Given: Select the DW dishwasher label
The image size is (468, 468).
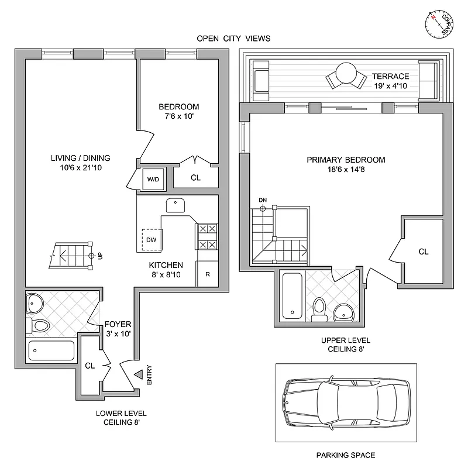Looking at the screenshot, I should coord(151,239).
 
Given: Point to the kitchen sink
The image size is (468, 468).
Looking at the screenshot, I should coord(175,205).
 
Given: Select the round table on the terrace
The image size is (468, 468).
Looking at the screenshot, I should coord(346,74).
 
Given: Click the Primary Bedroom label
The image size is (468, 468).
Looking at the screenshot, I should coord(346,159).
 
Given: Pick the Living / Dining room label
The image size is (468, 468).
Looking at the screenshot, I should coord(80,158).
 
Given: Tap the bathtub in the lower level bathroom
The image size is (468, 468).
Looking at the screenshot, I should coord(51,350).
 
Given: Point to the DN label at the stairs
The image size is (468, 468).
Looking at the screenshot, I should coord(263,201).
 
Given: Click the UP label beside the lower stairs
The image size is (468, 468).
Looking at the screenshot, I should coord(101,256).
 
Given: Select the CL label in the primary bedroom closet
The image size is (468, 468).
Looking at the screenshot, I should coord(424,252).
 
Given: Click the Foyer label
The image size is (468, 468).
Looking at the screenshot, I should coord(118,324).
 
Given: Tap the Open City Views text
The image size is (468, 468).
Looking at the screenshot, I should coord(233,39).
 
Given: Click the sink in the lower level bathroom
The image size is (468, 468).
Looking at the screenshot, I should coord(35,304).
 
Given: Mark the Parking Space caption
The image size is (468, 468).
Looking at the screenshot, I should coord(345,455).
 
